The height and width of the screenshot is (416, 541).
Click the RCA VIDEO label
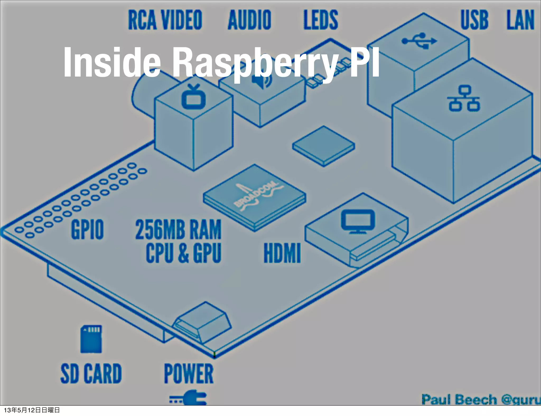click(x=165, y=20)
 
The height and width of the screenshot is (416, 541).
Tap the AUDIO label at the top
click(x=249, y=20)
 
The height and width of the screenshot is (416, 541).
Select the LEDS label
click(x=321, y=20)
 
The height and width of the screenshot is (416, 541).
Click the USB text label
click(x=474, y=20)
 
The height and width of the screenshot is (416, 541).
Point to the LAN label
click(x=520, y=20)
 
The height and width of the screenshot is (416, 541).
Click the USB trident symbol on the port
click(x=419, y=41)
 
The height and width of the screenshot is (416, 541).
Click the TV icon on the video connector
click(x=194, y=96)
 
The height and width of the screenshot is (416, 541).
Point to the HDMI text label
click(x=282, y=253)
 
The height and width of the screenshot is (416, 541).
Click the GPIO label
click(x=87, y=229)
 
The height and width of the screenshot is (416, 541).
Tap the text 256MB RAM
click(x=178, y=229)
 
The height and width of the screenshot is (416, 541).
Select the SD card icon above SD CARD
click(x=91, y=339)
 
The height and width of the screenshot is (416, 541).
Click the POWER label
click(x=188, y=373)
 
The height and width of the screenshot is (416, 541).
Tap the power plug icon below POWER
click(x=188, y=399)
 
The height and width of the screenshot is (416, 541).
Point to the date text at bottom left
click(x=32, y=410)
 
